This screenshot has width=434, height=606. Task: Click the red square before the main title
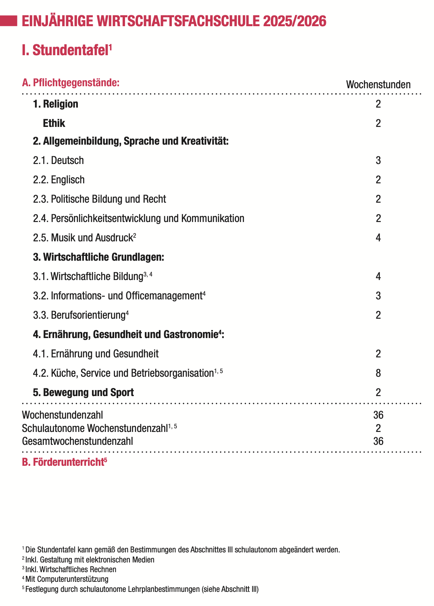point(8,21)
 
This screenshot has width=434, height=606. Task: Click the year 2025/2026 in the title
point(294,21)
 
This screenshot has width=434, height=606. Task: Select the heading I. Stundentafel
point(67,50)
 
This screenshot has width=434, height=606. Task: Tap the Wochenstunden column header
point(378,85)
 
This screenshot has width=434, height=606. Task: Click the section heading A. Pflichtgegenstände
point(71,83)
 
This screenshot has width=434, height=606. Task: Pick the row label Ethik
point(54,123)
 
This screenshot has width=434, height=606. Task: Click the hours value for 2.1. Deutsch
point(378,160)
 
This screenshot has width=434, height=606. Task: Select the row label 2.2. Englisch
point(59,180)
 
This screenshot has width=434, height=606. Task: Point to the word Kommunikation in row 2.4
point(213,218)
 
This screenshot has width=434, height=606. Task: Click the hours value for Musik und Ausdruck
point(378,238)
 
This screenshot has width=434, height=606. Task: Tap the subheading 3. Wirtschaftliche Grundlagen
point(98,257)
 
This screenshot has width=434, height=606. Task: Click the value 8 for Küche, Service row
point(378,373)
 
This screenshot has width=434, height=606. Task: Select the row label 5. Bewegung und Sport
point(83,392)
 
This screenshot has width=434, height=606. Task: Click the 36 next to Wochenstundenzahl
point(378,415)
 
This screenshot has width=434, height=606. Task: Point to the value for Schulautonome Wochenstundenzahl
point(378,428)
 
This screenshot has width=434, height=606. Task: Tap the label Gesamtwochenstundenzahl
point(77,441)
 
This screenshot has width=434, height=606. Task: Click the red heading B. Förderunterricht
point(64,462)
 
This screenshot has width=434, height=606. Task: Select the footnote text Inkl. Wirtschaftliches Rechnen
point(71,569)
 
